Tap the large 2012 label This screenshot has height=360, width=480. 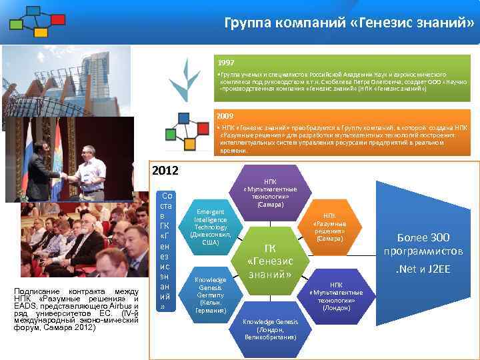pyautogui.click(x=165, y=170)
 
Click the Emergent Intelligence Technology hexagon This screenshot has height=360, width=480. pyautogui.click(x=210, y=227)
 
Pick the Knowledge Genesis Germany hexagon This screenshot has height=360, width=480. pyautogui.click(x=210, y=294)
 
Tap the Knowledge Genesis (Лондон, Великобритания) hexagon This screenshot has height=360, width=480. pyautogui.click(x=271, y=329)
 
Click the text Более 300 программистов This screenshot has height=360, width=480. pyautogui.click(x=423, y=244)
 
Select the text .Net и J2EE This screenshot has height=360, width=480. pyautogui.click(x=423, y=271)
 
